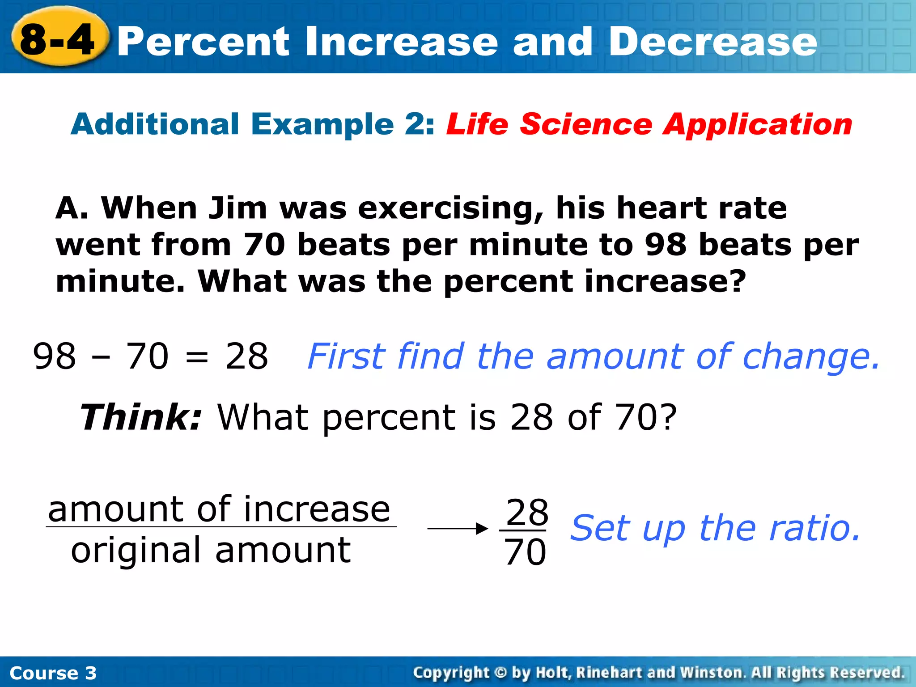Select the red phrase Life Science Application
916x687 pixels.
coord(649,124)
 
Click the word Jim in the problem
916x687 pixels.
coord(238,208)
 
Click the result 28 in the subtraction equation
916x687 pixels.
coord(246,356)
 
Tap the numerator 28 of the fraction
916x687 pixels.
coord(526,513)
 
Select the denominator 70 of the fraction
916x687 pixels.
coord(525,552)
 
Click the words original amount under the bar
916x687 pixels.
coord(210,551)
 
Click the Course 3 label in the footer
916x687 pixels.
coord(53,673)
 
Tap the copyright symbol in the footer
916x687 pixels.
coord(500,672)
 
